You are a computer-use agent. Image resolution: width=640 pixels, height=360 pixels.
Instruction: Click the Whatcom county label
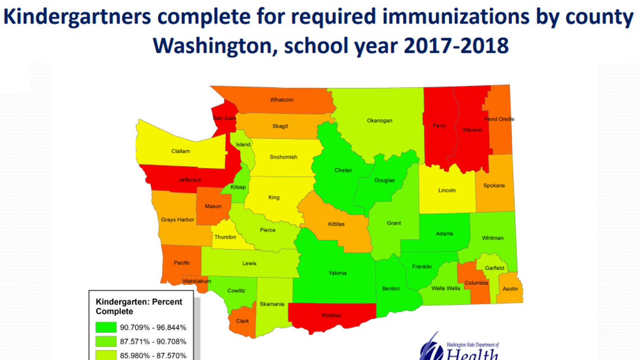tap(282, 100)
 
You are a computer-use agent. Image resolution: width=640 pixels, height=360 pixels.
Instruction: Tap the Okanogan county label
tap(380, 120)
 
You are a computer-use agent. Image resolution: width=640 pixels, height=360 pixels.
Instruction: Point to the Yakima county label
tap(337, 274)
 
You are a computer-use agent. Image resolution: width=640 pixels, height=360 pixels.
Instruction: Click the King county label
tap(274, 197)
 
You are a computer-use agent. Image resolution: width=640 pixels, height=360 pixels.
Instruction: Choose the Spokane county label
tap(494, 185)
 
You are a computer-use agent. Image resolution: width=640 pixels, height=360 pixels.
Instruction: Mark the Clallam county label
tap(181, 151)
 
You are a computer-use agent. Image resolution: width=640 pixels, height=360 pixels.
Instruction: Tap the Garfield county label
tap(495, 268)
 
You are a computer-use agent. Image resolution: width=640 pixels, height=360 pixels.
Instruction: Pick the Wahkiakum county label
tap(196, 281)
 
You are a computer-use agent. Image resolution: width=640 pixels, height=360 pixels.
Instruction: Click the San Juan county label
tap(224, 118)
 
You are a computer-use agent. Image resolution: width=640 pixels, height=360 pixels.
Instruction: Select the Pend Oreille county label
tap(499, 119)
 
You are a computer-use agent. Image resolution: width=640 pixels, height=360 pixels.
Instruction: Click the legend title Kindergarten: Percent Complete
tap(139, 306)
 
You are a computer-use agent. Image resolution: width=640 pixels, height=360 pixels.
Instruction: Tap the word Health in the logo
tap(472, 354)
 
